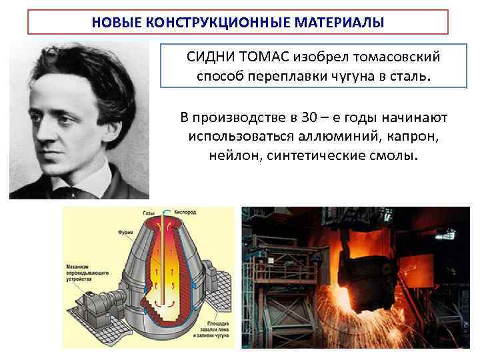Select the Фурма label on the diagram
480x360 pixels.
tap(125, 233)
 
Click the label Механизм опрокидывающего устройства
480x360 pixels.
tap(82, 273)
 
